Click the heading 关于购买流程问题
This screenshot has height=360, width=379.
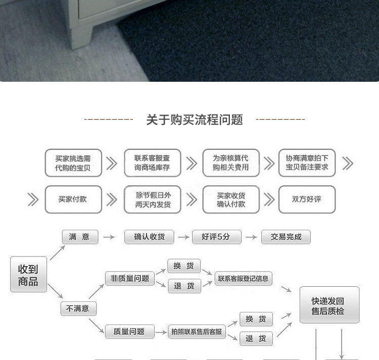click(195, 120)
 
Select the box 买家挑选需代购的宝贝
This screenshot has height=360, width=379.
click(73, 163)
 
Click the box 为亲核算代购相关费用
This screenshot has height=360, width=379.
click(231, 163)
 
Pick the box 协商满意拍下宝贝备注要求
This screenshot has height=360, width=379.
click(307, 163)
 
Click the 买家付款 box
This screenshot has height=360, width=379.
click(73, 199)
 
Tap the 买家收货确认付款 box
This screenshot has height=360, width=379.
click(231, 199)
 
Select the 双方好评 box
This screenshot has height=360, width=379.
click(307, 199)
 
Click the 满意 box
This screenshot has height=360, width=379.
click(79, 236)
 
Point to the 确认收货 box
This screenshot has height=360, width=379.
click(149, 237)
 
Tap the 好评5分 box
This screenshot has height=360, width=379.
click(217, 237)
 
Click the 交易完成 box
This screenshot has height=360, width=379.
click(286, 237)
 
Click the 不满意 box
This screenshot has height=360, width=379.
click(78, 308)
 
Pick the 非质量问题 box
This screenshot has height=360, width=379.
click(129, 278)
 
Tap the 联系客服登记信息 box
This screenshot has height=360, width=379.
click(243, 278)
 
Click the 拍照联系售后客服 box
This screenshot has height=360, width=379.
click(197, 332)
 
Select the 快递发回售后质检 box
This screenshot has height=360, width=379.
click(329, 305)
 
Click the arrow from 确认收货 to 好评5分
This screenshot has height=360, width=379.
click(183, 237)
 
